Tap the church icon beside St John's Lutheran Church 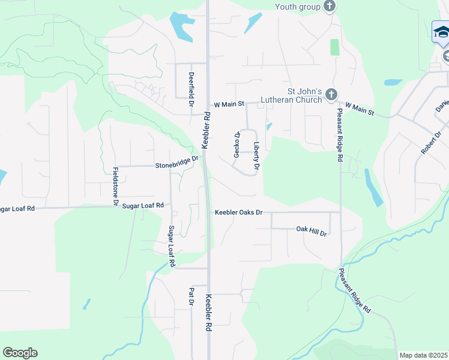click(330, 95)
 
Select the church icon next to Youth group click(329, 7)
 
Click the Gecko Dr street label click(237, 145)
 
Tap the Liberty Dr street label click(256, 155)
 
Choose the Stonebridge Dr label click(176, 162)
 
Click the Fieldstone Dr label click(115, 184)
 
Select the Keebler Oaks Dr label click(239, 212)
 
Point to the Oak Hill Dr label click(311, 230)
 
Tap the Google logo click(20, 353)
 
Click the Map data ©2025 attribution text click(424, 355)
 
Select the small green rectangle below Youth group click(334, 47)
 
